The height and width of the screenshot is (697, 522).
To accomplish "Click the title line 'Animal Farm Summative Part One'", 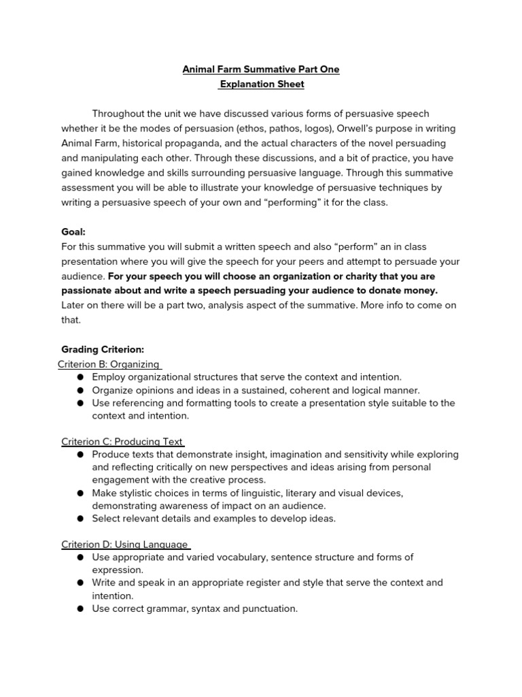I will pyautogui.click(x=261, y=69).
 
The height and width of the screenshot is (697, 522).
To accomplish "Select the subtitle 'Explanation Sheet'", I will pyautogui.click(x=262, y=84).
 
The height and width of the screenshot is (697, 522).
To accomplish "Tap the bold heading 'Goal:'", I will pyautogui.click(x=73, y=232).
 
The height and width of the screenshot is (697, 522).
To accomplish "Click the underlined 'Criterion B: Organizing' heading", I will pyautogui.click(x=109, y=364).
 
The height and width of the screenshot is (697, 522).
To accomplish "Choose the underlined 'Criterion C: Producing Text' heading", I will pyautogui.click(x=122, y=442).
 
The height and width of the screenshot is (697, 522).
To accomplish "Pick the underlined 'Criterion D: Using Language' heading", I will pyautogui.click(x=124, y=544).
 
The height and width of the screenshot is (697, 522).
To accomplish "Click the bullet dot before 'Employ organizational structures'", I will pyautogui.click(x=80, y=377).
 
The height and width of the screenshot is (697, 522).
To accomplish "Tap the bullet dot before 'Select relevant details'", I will pyautogui.click(x=80, y=519).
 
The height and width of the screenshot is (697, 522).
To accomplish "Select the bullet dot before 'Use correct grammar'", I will pyautogui.click(x=80, y=609).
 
